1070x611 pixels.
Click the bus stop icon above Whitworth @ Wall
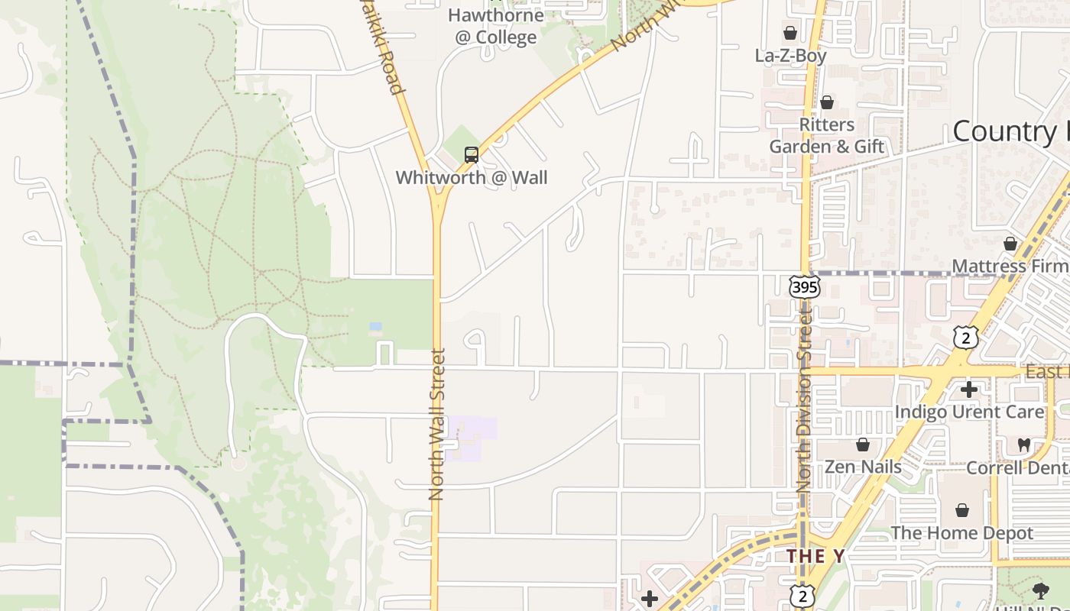pyautogui.click(x=472, y=155)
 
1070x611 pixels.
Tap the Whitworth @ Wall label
pyautogui.click(x=472, y=178)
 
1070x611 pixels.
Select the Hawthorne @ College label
pyautogui.click(x=495, y=26)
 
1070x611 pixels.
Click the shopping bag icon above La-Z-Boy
pyautogui.click(x=790, y=34)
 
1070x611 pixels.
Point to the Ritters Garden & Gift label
pyautogui.click(x=826, y=135)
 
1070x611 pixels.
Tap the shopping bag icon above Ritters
pyautogui.click(x=826, y=102)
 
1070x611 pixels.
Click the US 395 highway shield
pyautogui.click(x=804, y=287)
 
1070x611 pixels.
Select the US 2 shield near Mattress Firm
pyautogui.click(x=965, y=337)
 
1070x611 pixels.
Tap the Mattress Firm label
pyautogui.click(x=1009, y=267)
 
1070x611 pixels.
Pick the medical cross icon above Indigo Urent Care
pyautogui.click(x=969, y=390)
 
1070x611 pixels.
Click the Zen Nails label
pyautogui.click(x=863, y=467)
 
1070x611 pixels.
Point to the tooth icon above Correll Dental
pyautogui.click(x=1024, y=445)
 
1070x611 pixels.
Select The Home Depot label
pyautogui.click(x=961, y=533)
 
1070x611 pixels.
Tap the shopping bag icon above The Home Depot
pyautogui.click(x=962, y=509)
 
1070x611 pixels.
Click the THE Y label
pyautogui.click(x=815, y=556)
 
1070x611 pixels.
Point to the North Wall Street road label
pyautogui.click(x=437, y=424)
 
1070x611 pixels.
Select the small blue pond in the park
pyautogui.click(x=375, y=326)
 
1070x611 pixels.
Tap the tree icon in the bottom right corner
pyautogui.click(x=1039, y=590)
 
